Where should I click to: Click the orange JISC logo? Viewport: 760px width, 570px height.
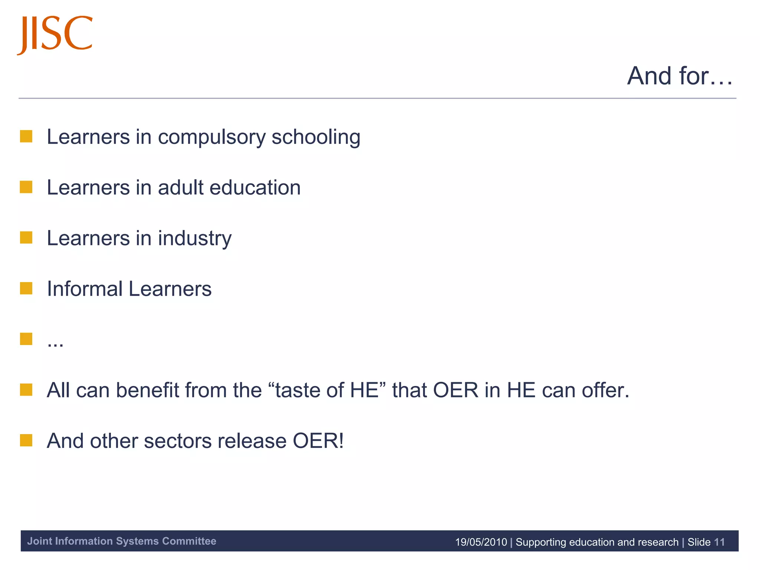(55, 34)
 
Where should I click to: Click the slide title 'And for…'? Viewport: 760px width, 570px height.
(679, 76)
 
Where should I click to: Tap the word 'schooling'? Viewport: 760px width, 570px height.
(316, 137)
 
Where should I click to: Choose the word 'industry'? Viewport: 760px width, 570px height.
(194, 239)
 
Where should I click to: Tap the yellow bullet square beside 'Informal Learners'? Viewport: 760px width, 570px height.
(26, 288)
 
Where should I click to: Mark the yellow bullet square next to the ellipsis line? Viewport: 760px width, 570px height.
(26, 339)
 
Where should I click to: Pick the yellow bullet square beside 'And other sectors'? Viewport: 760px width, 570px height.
(26, 440)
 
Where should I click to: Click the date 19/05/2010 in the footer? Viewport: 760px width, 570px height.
(481, 542)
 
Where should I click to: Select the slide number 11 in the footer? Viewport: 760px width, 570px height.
(719, 542)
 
